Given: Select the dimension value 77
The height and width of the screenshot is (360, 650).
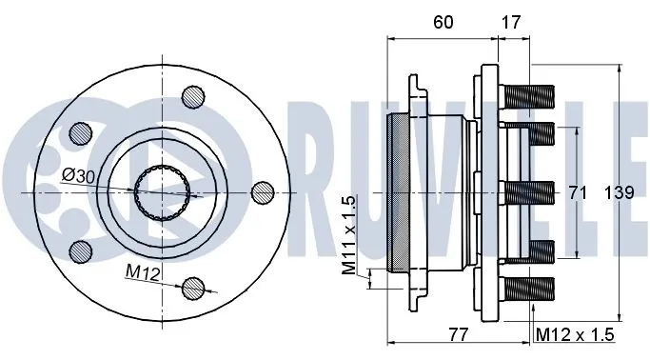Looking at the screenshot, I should [459, 333].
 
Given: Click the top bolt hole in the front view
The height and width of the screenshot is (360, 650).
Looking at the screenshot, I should [193, 96].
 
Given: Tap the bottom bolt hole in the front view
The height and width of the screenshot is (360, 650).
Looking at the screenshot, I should [193, 287].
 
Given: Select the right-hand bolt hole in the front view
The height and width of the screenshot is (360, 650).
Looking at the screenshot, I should [264, 191].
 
